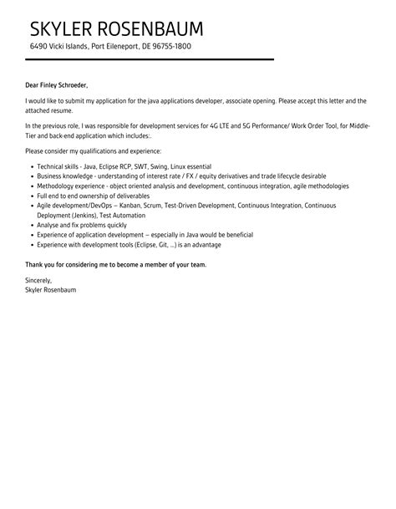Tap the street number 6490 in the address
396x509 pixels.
38,46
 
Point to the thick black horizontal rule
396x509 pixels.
150,60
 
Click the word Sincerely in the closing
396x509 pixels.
38,280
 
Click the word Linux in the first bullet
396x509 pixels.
195,167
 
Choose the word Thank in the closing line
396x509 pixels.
36,264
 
